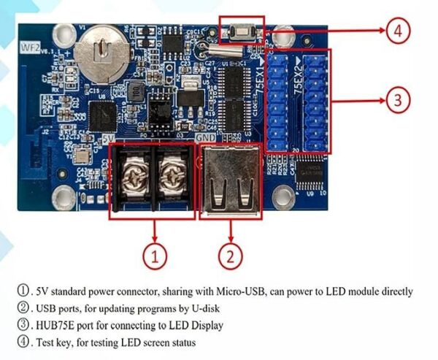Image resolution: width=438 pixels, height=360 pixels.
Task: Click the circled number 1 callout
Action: click(155, 256)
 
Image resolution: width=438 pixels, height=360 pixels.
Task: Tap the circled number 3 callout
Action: click(396, 101)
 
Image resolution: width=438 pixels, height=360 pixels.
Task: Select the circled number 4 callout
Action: click(397, 31)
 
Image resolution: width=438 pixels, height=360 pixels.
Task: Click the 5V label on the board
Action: click(109, 137)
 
